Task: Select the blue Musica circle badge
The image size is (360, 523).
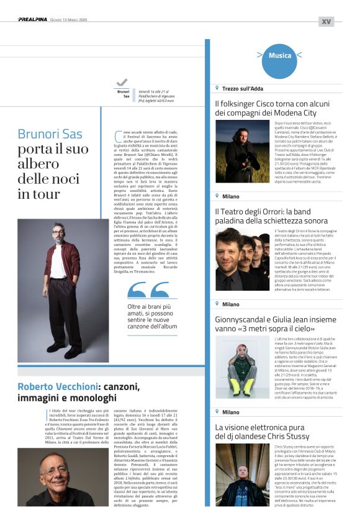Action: tap(279, 56)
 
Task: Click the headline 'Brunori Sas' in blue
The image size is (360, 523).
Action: tap(50, 134)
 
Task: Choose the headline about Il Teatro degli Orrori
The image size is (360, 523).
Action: tap(271, 216)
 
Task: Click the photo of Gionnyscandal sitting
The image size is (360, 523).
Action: tap(242, 366)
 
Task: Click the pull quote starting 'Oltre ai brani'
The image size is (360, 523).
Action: tap(152, 317)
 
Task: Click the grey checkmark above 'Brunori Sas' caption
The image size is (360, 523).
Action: tap(122, 82)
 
